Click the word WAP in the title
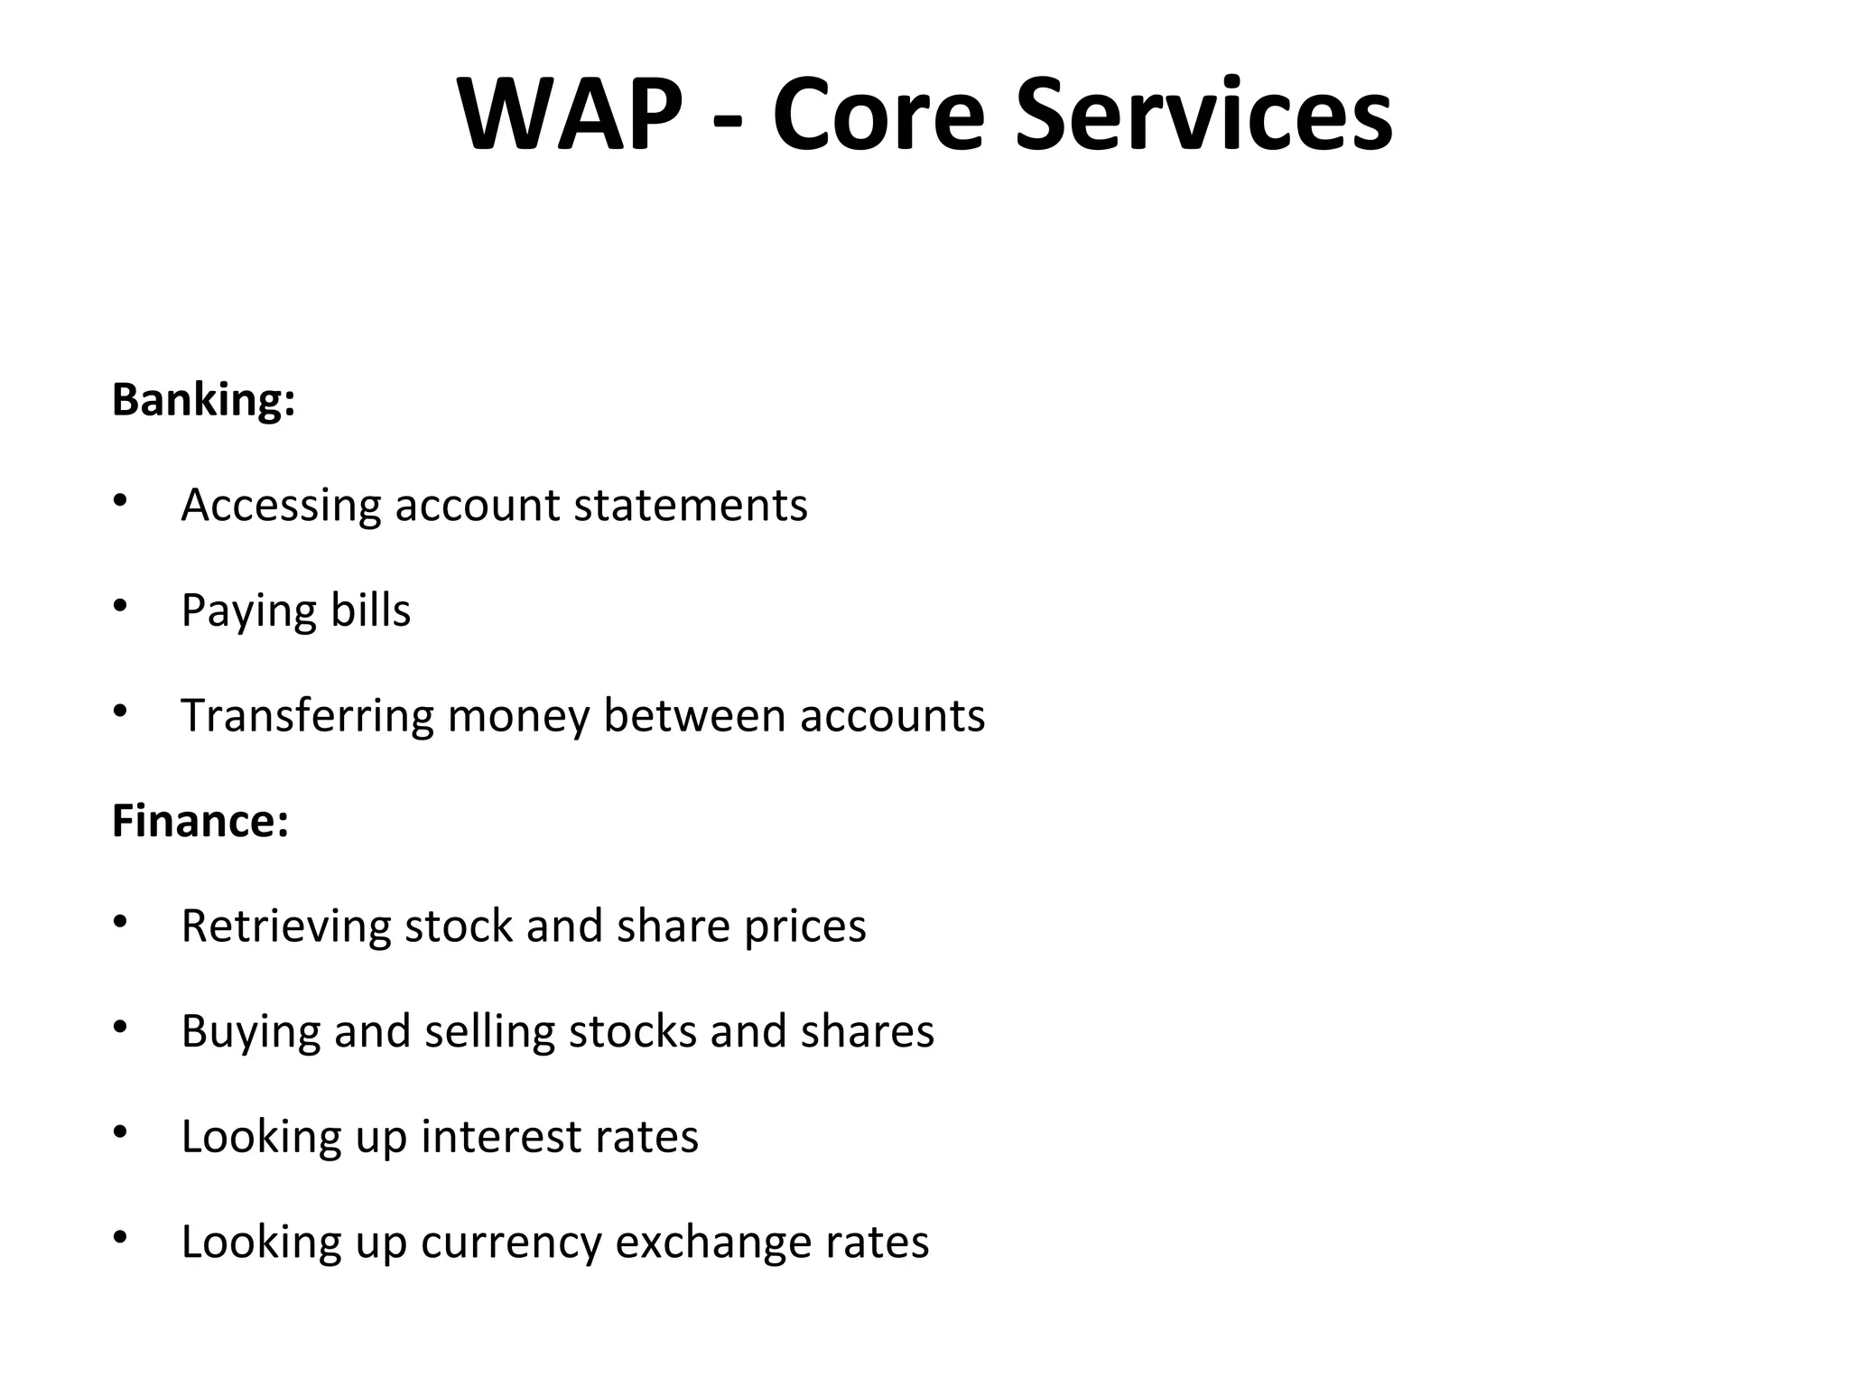570,116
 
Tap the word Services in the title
1204,116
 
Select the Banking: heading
204,399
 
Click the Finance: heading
200,821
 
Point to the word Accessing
281,506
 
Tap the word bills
370,610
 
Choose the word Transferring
307,716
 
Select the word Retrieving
286,926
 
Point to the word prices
804,927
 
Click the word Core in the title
878,116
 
